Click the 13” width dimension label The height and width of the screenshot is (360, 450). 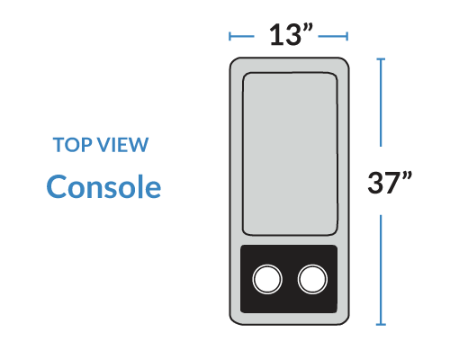291,34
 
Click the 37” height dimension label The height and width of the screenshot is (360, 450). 390,182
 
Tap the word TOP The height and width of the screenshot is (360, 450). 73,145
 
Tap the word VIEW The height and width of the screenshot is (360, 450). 123,145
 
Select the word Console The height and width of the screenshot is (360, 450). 103,186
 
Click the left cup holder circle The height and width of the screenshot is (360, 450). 267,279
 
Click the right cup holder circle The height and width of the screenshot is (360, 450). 312,279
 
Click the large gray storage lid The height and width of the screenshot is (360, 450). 290,154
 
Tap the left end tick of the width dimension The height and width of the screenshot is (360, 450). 229,36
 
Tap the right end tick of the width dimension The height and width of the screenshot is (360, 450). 347,36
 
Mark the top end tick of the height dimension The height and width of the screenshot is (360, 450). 381,59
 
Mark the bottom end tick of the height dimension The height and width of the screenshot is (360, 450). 381,324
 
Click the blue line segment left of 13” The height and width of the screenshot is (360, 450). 242,36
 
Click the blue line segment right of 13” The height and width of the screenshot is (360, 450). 333,36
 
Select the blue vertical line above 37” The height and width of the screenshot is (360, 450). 381,103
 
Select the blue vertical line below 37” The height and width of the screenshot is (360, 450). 381,270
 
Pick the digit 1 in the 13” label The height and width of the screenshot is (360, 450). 276,35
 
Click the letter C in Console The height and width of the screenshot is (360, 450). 56,186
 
